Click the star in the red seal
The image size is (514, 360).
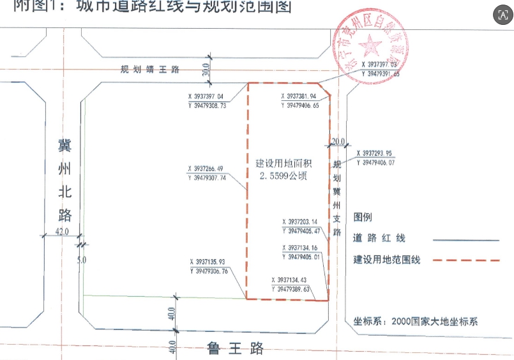[x=369, y=45]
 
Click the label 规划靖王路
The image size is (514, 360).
[x=151, y=70]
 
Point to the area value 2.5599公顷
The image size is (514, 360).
[x=282, y=176]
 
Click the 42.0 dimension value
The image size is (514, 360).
[x=61, y=232]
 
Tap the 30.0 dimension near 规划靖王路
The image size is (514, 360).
[x=206, y=70]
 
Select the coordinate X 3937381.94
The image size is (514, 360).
[x=299, y=96]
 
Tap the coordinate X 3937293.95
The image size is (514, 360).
[x=381, y=153]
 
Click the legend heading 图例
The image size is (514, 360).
[x=363, y=218]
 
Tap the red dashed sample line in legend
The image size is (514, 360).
[x=466, y=260]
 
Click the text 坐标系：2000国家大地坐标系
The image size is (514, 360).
[x=411, y=322]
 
